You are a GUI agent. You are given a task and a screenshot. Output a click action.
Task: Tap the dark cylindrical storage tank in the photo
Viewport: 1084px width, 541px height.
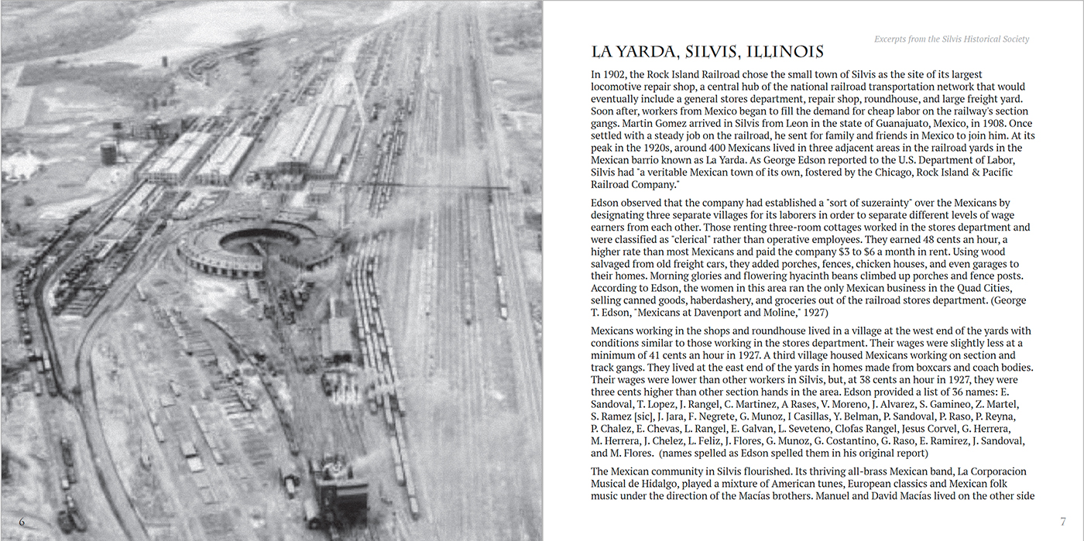(x=108, y=153)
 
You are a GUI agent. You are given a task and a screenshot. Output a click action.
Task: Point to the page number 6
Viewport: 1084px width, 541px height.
(x=22, y=522)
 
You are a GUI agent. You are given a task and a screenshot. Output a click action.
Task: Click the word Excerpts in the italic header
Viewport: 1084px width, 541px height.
(x=894, y=39)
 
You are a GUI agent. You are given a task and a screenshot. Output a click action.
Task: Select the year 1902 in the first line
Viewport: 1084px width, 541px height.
(x=616, y=74)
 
